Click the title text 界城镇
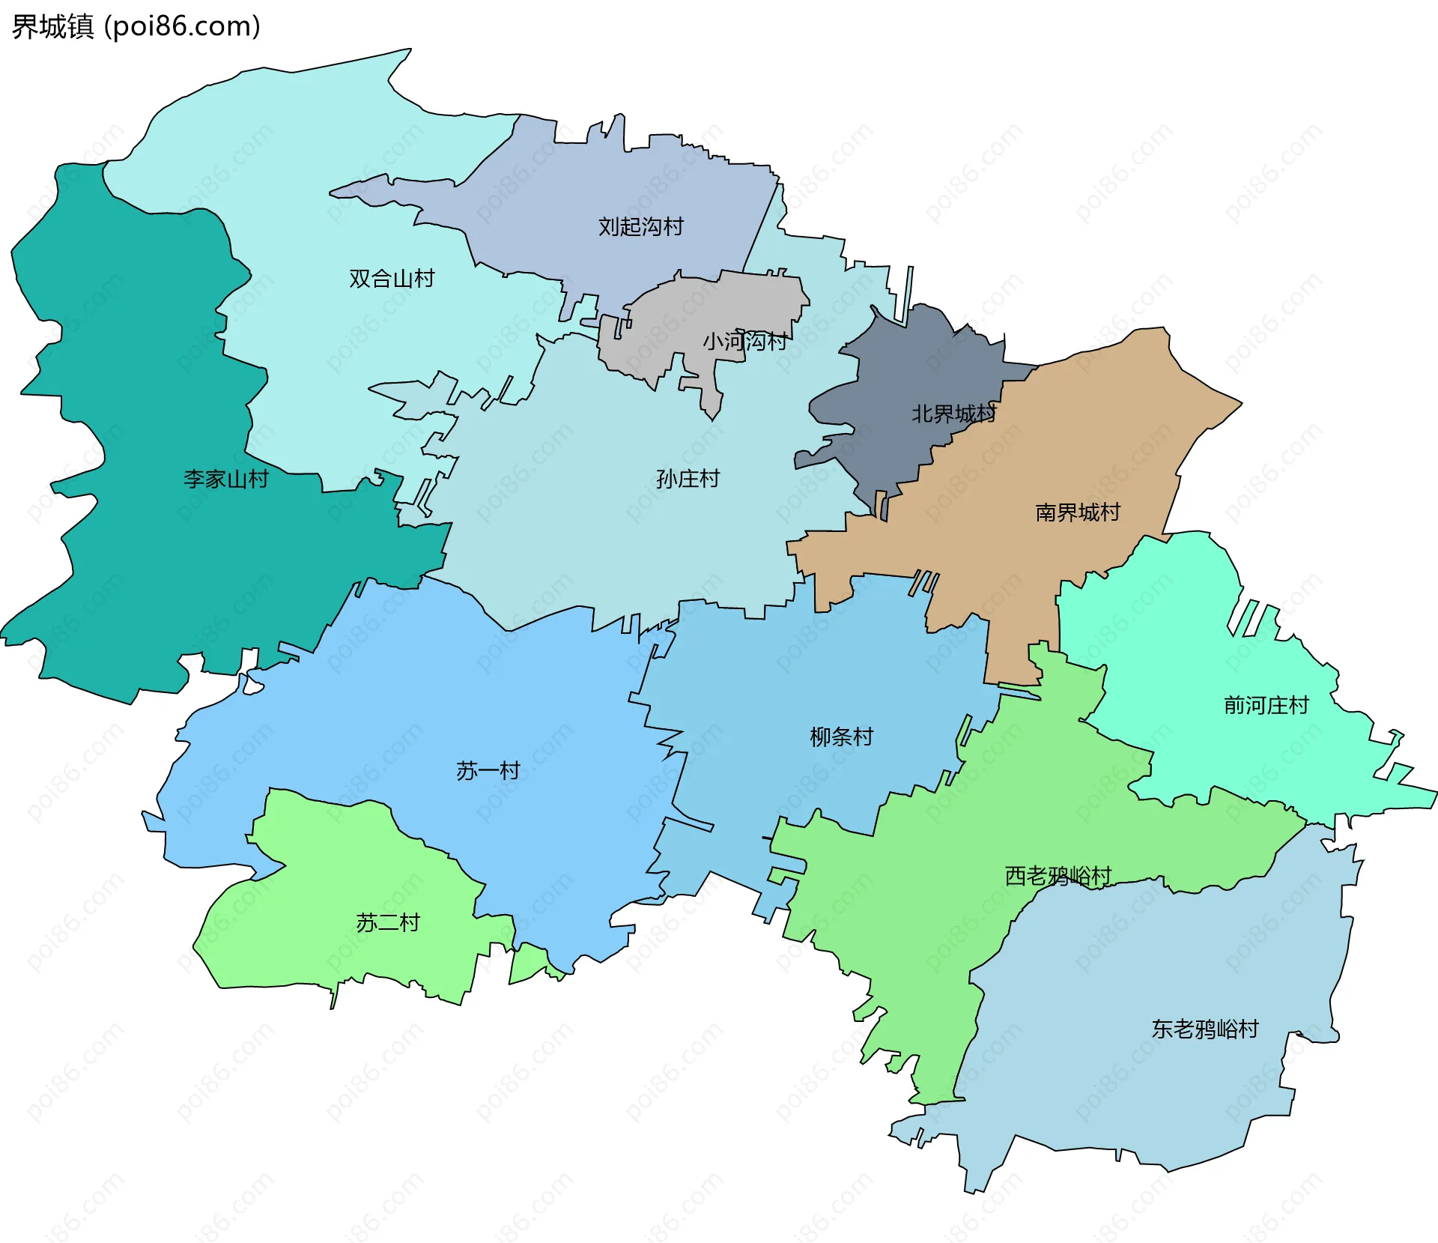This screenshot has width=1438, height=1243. [x=52, y=27]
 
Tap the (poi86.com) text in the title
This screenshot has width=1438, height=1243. [x=182, y=27]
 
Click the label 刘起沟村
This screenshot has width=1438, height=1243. [x=640, y=226]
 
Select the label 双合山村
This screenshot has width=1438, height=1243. [x=392, y=279]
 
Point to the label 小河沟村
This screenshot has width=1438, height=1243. [x=744, y=342]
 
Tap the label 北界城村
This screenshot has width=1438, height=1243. [x=953, y=414]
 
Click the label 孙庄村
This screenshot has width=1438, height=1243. [x=688, y=479]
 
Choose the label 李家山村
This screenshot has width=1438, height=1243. [x=225, y=479]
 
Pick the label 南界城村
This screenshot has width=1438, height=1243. [x=1077, y=512]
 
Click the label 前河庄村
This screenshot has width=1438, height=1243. [x=1266, y=705]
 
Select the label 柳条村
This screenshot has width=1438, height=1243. [x=841, y=737]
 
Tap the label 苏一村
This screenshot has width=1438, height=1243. [x=488, y=770]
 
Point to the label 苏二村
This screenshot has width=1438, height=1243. [x=387, y=922]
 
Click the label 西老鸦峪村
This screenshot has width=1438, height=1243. [x=1058, y=875]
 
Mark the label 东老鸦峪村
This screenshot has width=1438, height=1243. [x=1204, y=1029]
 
